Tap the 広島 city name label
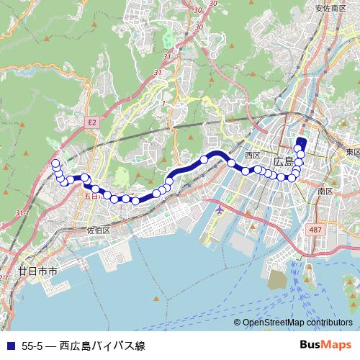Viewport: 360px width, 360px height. pos(284,160)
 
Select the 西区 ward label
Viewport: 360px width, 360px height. pos(252,154)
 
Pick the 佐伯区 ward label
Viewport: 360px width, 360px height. pos(97,230)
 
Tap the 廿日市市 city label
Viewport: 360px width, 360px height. pos(37,272)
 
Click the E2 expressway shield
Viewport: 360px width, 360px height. pos(92,123)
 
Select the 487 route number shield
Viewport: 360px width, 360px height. pos(315,229)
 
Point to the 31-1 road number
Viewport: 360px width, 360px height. pos(22,213)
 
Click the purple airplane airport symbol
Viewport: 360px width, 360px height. pos(219,210)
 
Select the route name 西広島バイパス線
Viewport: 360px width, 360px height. pos(102,346)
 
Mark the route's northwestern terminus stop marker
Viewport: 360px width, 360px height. pos(55,164)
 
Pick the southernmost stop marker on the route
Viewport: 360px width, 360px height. pos(135,201)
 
